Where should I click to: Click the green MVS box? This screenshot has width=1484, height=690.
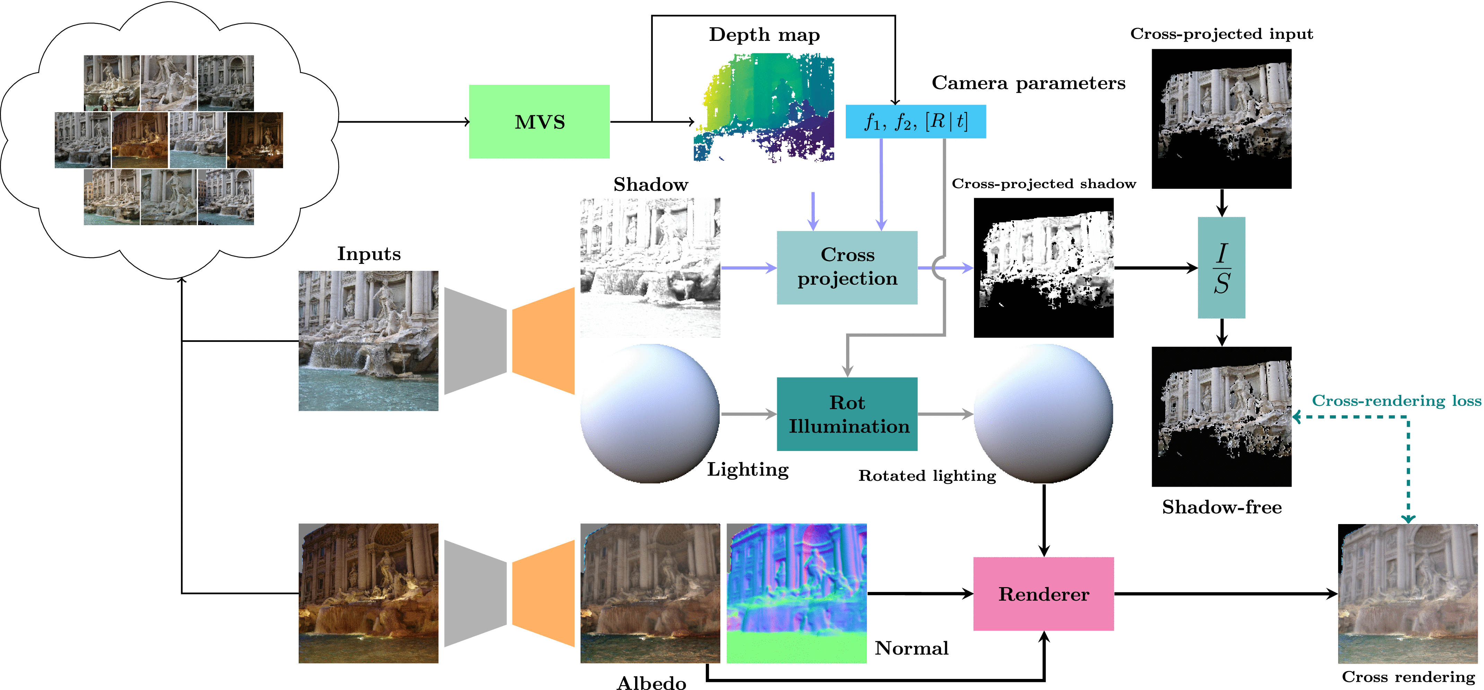(x=539, y=122)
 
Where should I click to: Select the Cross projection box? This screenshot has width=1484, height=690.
(x=847, y=267)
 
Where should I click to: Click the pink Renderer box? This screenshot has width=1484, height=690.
(x=1043, y=593)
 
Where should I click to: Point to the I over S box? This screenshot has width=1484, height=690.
(x=1221, y=267)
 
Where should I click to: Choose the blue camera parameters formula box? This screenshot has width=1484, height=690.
(x=915, y=122)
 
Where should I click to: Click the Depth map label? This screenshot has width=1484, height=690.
(x=764, y=35)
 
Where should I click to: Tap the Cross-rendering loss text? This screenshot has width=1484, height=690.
(x=1396, y=400)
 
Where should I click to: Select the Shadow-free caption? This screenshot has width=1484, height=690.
(x=1221, y=507)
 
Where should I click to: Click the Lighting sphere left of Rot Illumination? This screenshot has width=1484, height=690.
(x=650, y=414)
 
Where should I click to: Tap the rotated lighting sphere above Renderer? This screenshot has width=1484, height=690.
(x=1043, y=414)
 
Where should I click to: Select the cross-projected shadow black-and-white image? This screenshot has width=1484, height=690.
(x=1043, y=267)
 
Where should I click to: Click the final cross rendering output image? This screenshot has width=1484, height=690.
(x=1407, y=593)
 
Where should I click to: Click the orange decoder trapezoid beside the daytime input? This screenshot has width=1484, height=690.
(x=543, y=341)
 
